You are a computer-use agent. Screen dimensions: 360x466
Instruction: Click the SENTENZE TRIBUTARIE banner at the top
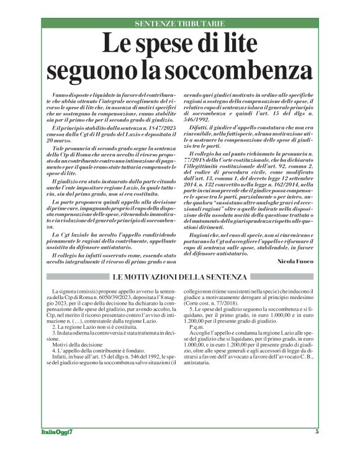pos(180,24)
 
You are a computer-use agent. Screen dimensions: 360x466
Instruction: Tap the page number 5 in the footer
pos(317,449)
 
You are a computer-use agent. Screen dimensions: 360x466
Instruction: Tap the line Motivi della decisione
pos(78,346)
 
